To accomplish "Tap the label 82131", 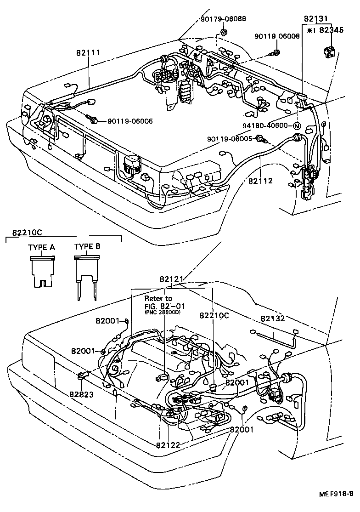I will point(316,19).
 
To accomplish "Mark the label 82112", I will point(260,181).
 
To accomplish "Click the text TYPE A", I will point(41,247).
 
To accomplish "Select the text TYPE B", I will point(87,247).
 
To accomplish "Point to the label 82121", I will point(172,279).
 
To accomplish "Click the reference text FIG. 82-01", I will point(162,306).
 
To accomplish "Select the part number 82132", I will point(273,318).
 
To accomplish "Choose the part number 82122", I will point(168,444).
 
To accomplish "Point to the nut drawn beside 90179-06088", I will point(224,32).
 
